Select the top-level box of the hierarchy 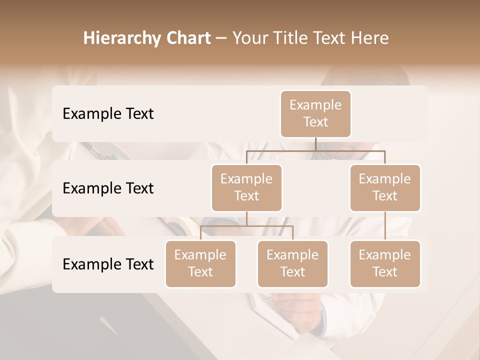(x=315, y=113)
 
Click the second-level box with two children (x=246, y=187)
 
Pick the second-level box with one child (x=385, y=187)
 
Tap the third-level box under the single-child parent (x=385, y=263)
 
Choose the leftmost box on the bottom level (x=200, y=263)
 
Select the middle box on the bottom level (x=292, y=263)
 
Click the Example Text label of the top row (x=108, y=114)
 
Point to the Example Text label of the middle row (x=108, y=188)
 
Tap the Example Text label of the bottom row (x=108, y=264)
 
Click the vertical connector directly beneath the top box (x=315, y=144)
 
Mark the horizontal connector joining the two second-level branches (x=315, y=150)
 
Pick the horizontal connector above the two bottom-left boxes (x=246, y=226)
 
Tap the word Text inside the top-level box (x=315, y=122)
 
